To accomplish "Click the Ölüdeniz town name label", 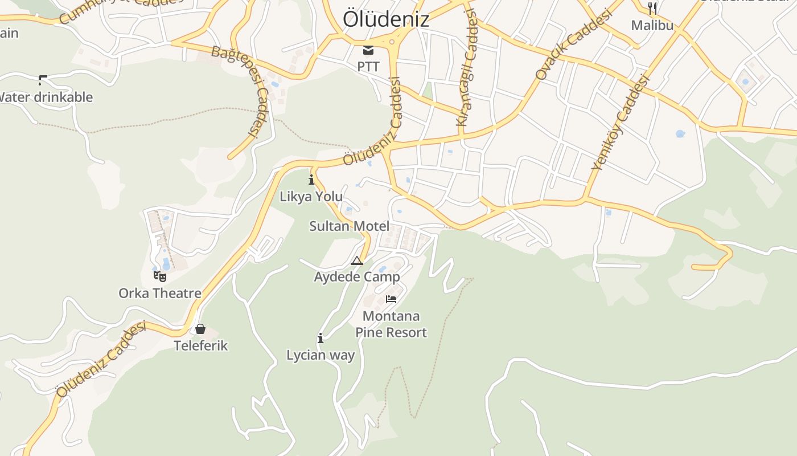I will (385, 19).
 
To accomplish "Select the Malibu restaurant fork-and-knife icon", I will (652, 9).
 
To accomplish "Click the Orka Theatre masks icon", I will (160, 276).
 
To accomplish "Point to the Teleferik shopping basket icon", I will (200, 329).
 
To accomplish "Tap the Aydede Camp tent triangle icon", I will (357, 261).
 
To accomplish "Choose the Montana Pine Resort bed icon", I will (391, 299).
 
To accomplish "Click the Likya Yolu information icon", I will (311, 180).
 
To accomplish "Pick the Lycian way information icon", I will (321, 339).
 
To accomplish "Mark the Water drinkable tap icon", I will (43, 80).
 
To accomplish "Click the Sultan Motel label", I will (350, 226).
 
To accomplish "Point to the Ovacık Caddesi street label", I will (573, 45).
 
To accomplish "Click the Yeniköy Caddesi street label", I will (621, 123).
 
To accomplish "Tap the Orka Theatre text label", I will (160, 293).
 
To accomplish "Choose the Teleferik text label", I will (201, 345).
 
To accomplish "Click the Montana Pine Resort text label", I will (391, 324).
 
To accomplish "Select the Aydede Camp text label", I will (357, 277).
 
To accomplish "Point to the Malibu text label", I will (652, 25).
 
